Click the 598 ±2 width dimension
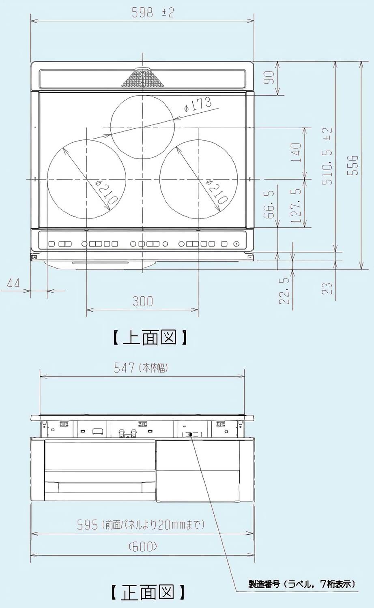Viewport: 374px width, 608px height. tap(153, 13)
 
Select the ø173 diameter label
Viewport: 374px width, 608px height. tap(198, 105)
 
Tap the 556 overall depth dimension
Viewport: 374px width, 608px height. tap(354, 165)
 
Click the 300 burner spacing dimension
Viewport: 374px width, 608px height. tap(143, 301)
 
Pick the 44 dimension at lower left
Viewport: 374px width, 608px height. tap(13, 283)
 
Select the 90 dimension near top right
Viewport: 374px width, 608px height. tap(270, 77)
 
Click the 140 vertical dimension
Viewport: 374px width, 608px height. tap(297, 152)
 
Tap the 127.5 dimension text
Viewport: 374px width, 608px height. tap(297, 205)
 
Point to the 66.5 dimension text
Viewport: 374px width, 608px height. tap(270, 205)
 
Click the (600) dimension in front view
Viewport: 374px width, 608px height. tap(143, 547)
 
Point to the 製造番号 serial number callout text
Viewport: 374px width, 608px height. tap(302, 584)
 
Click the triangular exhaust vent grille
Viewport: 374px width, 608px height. tap(143, 79)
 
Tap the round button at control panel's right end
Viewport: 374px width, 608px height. tap(236, 244)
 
